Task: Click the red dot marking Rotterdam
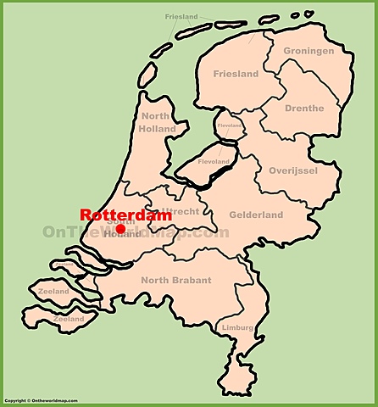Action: coord(120,229)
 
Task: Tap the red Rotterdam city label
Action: coord(125,215)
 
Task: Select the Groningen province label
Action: coord(308,51)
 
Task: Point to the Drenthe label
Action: coord(304,109)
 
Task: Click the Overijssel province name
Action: coord(292,170)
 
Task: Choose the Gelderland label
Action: coord(256,215)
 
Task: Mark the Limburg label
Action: coord(236,327)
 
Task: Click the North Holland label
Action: coord(158,123)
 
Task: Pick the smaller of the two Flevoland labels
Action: coord(229,125)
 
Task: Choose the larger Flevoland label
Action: coord(213,161)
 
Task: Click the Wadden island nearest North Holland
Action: coord(147,75)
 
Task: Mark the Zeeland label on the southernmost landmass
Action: coord(67,320)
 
